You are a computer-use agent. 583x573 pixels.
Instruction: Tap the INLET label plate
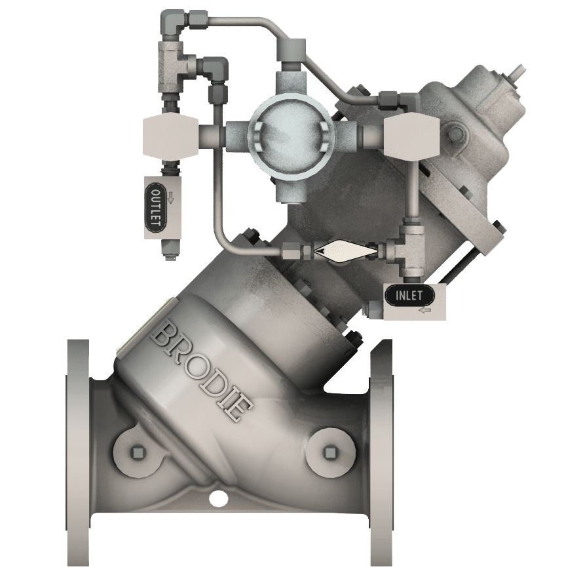409,295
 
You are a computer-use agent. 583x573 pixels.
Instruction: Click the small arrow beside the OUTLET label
170,198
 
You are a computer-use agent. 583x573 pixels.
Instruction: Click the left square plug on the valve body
137,452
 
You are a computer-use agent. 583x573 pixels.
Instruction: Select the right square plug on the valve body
329,452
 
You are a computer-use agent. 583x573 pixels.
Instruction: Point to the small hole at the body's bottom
216,500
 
